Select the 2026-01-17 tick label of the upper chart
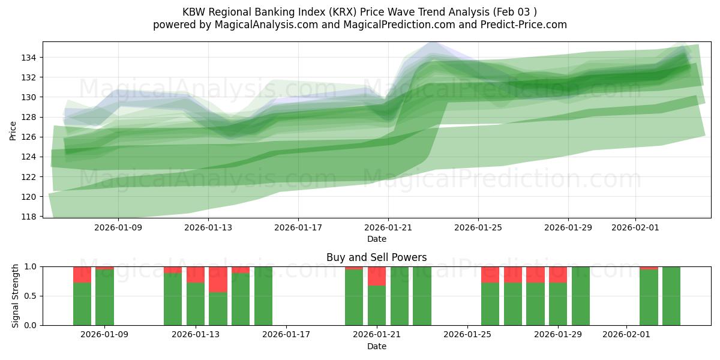click(x=298, y=228)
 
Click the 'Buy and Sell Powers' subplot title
click(x=377, y=257)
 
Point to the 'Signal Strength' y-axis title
click(x=16, y=296)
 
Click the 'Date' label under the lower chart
click(x=377, y=346)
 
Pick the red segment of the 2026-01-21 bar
click(x=377, y=276)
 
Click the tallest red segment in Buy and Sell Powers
click(x=218, y=279)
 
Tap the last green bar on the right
click(x=671, y=296)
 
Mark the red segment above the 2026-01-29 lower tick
click(x=558, y=274)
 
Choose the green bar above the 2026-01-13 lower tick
click(x=196, y=304)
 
